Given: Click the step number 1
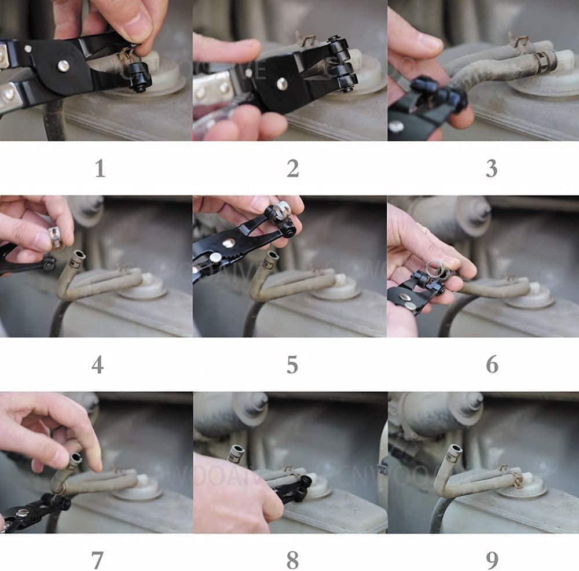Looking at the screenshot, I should click(100, 169).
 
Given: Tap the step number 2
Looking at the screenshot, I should click(292, 169).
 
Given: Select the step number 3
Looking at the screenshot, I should click(492, 169).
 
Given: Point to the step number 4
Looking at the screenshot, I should click(97, 365).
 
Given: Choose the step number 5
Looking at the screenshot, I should click(292, 365).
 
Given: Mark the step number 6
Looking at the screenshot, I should click(492, 365).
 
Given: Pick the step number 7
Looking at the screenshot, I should click(97, 560).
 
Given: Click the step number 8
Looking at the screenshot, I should click(292, 560).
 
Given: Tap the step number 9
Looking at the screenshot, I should click(492, 560).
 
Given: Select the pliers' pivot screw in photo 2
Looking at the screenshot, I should click(282, 84).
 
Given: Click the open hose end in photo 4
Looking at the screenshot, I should click(76, 256).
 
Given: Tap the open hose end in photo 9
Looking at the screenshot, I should click(455, 450).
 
